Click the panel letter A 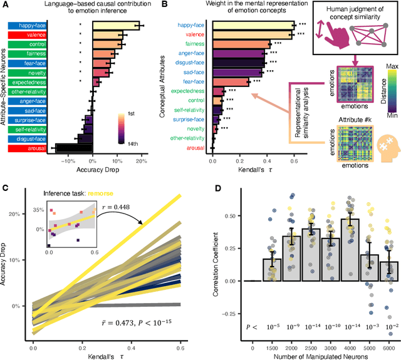tap(6, 6)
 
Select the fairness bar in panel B tap(241, 45)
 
